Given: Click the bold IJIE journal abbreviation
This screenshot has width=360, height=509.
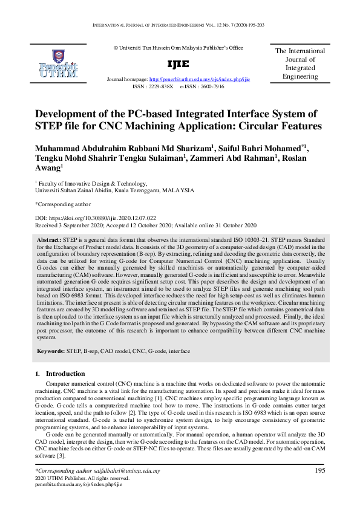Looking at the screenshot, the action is [x=178, y=64].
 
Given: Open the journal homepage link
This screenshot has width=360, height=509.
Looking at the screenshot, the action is [x=199, y=80].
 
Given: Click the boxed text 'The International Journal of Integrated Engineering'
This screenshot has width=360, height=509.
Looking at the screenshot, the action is [x=300, y=63].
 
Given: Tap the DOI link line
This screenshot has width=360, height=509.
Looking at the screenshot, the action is [x=96, y=217].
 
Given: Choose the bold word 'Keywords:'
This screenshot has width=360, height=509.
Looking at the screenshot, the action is [x=51, y=351].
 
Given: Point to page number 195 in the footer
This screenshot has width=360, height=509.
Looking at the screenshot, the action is [x=321, y=470].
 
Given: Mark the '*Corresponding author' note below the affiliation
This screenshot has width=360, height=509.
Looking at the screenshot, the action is [x=63, y=204].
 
